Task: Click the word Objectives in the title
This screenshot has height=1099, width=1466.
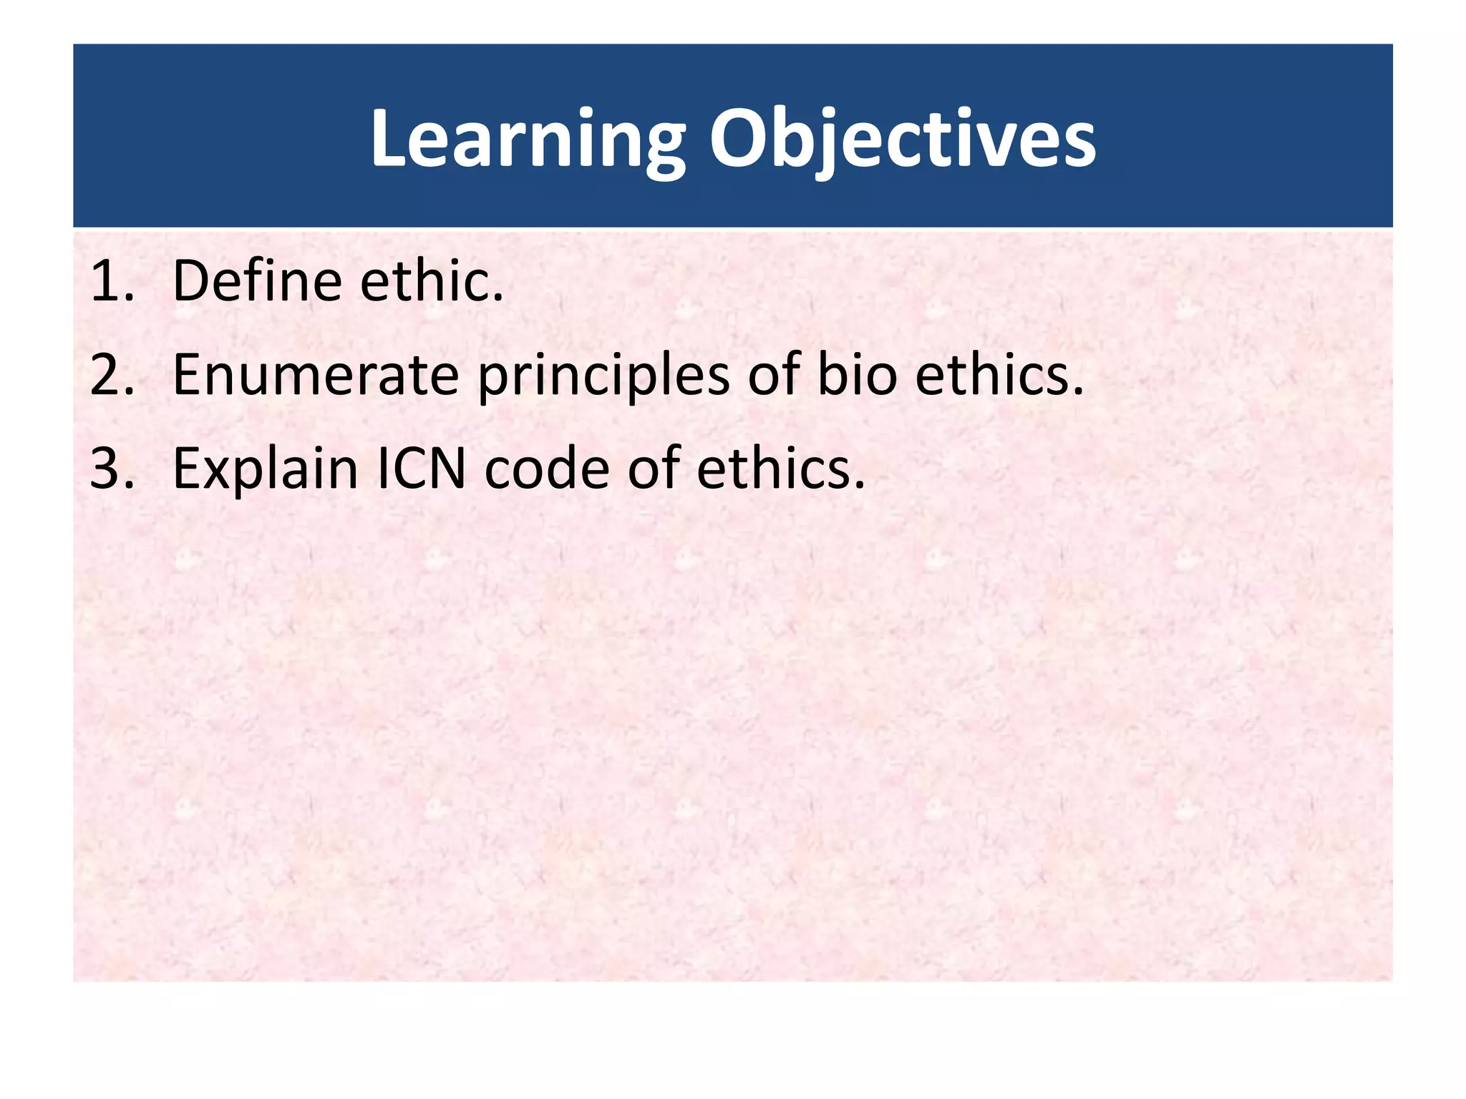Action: point(902,140)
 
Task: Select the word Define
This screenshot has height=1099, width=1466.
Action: point(257,281)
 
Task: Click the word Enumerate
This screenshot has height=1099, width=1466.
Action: point(316,375)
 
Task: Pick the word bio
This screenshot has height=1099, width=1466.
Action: point(857,375)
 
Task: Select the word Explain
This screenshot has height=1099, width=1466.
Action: point(265,469)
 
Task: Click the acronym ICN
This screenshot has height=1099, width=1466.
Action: point(421,469)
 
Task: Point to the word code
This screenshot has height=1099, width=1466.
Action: point(548,469)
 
